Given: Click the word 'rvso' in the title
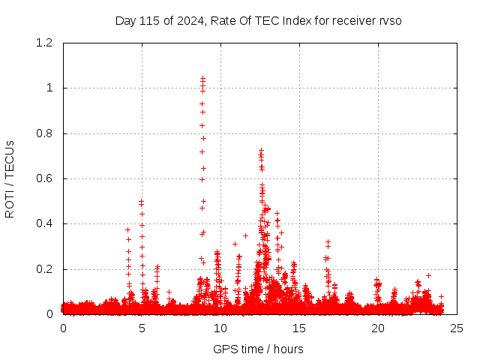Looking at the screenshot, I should point(390,20).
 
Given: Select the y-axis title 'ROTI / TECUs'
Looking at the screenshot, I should point(10,178).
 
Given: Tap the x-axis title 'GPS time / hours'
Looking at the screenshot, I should point(258,349).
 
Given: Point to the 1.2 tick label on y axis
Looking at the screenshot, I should point(44,43).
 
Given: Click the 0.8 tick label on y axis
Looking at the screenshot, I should point(44,133).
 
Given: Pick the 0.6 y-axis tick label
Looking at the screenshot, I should point(44,178).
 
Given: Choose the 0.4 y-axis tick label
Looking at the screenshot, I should point(44,223).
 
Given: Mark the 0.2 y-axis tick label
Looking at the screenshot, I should point(44,269).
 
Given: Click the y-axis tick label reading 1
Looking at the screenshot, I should point(50,88).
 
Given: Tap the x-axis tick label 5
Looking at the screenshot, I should point(142,328).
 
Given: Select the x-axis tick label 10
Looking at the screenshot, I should point(220,328).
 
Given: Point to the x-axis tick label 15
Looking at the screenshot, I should point(299,328).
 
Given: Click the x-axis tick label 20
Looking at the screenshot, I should point(378,328).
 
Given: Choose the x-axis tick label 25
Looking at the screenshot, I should point(457,328).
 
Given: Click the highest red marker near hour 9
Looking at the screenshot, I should point(202,78).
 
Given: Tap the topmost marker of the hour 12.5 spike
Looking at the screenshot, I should point(261,151).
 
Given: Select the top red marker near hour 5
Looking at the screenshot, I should point(141,201).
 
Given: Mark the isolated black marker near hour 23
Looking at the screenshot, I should point(428,275).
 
